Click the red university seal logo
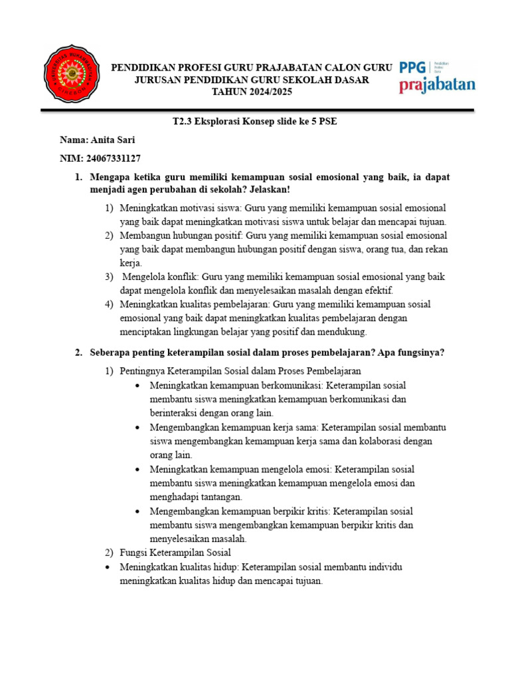(70, 74)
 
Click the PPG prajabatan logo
(437, 74)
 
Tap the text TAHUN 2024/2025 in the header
(251, 91)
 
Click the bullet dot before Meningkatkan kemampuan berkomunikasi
(137, 386)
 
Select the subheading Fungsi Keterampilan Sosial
(175, 553)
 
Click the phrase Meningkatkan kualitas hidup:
(179, 567)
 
